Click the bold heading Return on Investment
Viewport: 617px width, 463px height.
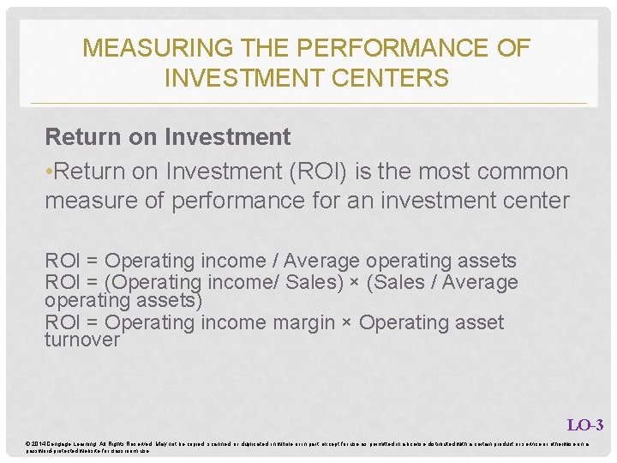click(x=168, y=136)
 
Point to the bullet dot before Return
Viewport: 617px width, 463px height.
click(x=49, y=172)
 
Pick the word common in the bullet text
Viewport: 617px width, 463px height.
click(x=523, y=171)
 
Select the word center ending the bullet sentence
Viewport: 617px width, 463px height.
click(x=533, y=201)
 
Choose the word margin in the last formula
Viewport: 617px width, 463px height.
click(x=316, y=322)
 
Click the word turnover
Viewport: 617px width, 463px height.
click(x=82, y=340)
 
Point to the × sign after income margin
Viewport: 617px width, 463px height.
click(x=350, y=323)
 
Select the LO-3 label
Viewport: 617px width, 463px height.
click(x=585, y=424)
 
